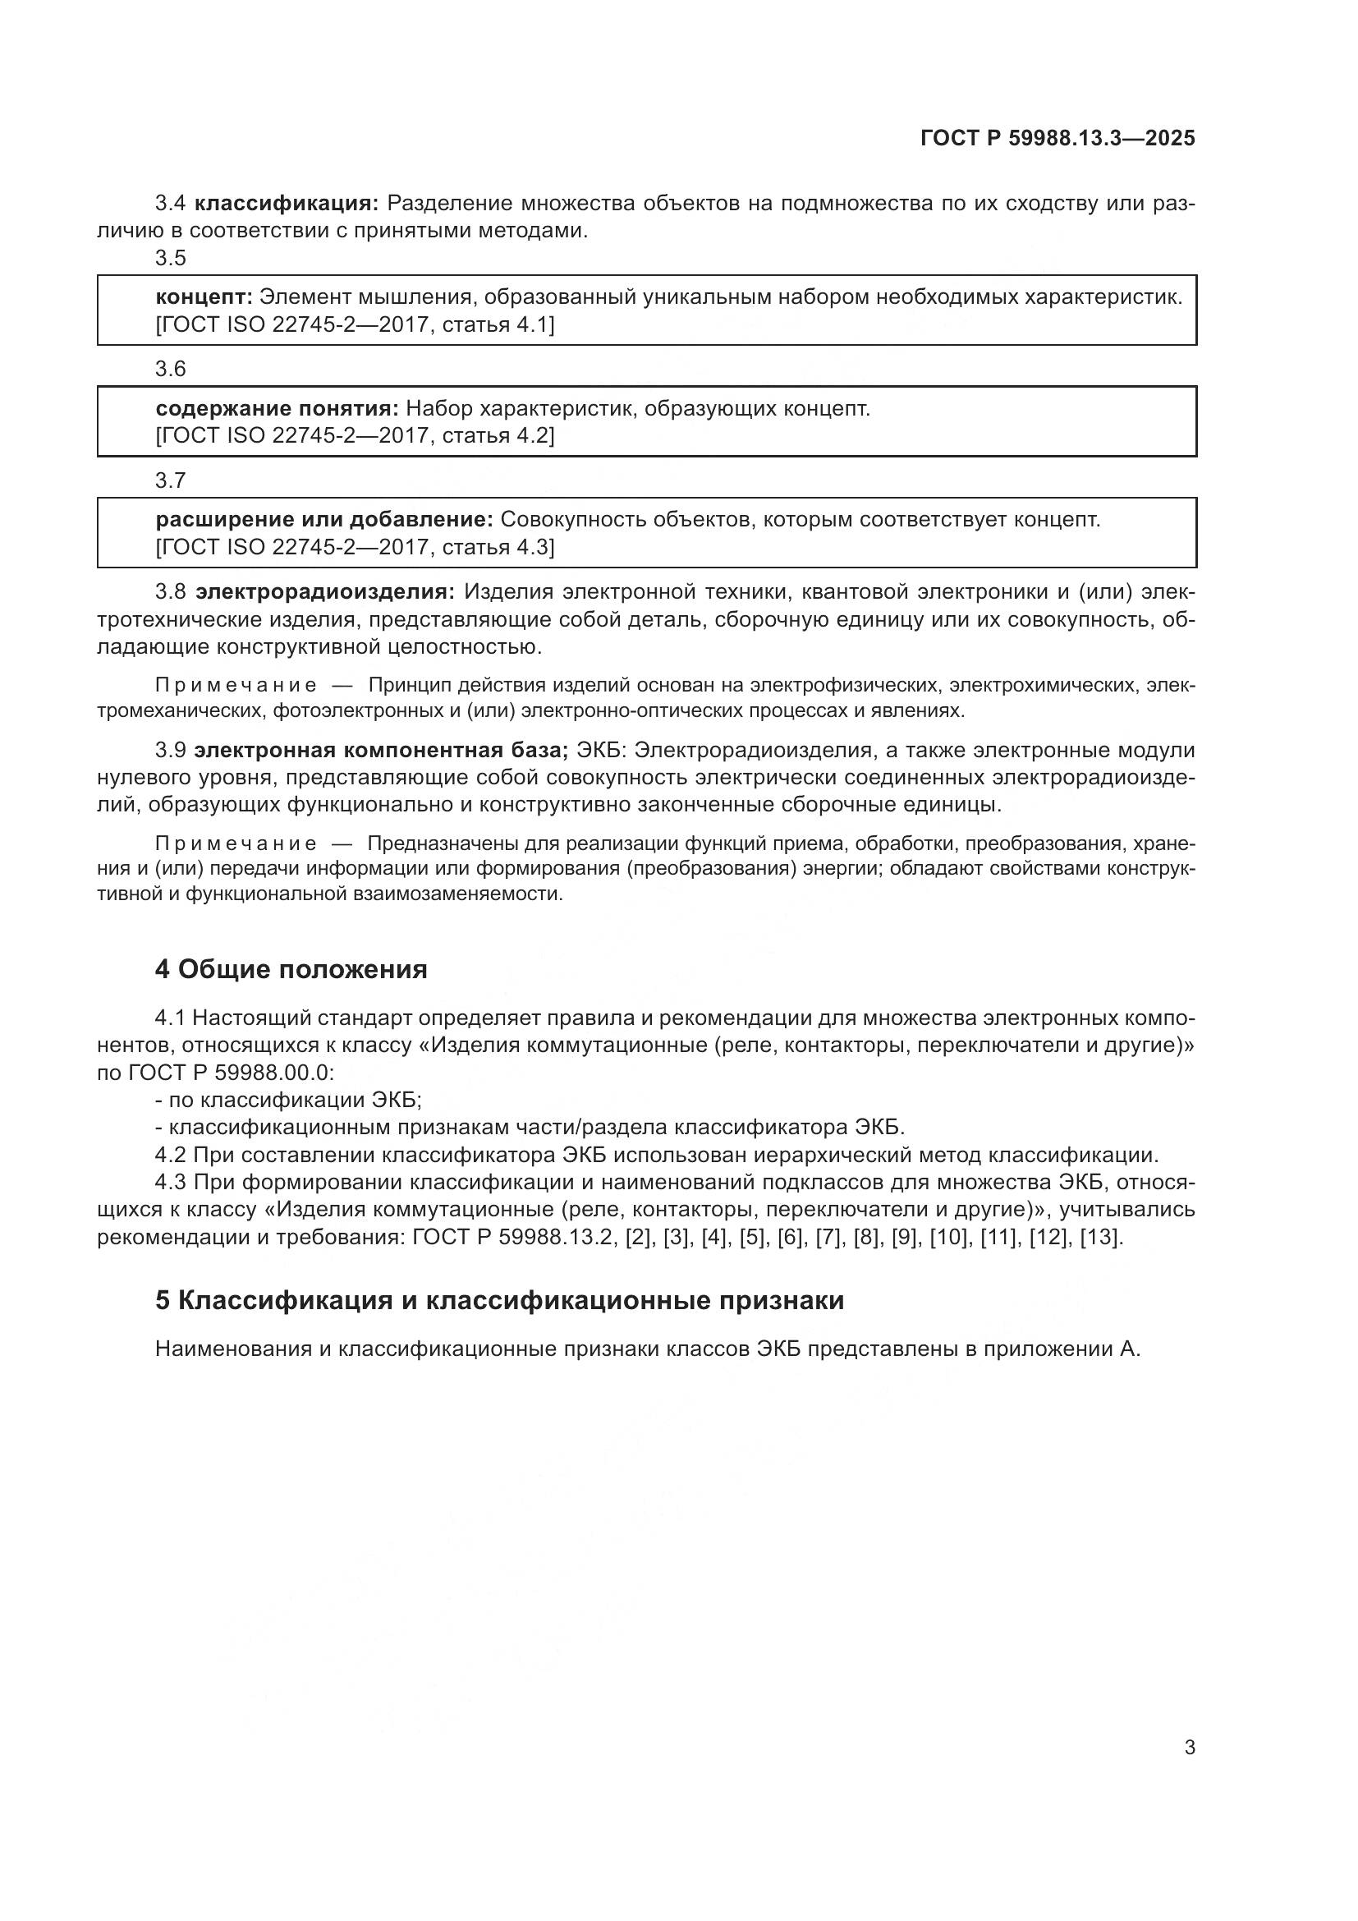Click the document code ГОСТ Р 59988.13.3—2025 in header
point(1057,138)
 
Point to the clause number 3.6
point(171,369)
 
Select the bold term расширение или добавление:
point(324,520)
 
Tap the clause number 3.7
point(171,480)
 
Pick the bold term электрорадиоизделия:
point(325,592)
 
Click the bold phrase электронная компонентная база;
point(381,750)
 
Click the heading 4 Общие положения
point(291,970)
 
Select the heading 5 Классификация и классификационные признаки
point(499,1300)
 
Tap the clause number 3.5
point(171,258)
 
